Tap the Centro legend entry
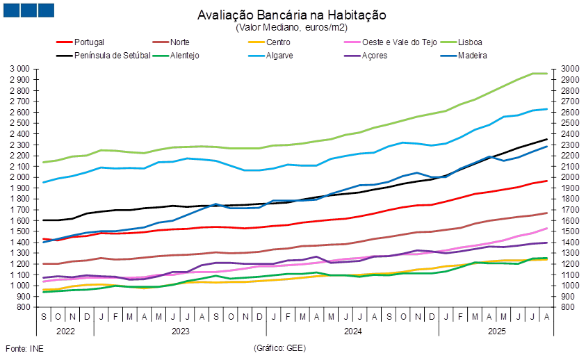click(x=277, y=42)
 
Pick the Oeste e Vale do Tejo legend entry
click(x=391, y=42)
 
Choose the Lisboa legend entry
click(x=471, y=42)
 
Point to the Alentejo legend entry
click(x=185, y=55)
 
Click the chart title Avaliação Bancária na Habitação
click(x=291, y=15)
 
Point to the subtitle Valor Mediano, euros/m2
click(x=291, y=27)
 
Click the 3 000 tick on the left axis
click(x=21, y=69)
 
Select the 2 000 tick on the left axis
click(x=21, y=177)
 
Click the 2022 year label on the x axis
click(x=65, y=332)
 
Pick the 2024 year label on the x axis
click(x=352, y=332)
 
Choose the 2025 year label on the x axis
click(x=496, y=332)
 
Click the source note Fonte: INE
click(x=19, y=347)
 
